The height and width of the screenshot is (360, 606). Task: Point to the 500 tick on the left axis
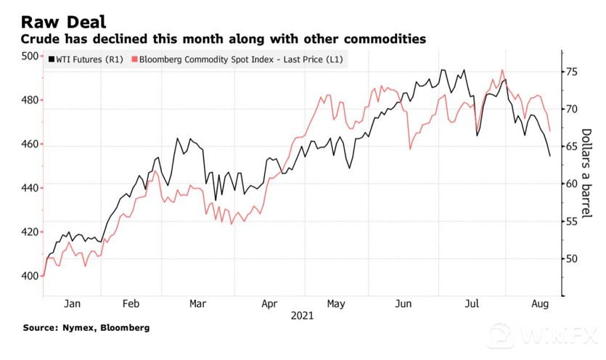[x=28, y=57]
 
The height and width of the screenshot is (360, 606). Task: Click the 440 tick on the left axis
[x=28, y=188]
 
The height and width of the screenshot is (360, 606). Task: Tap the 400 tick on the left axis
[x=28, y=276]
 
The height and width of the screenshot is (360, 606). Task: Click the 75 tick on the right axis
[x=572, y=71]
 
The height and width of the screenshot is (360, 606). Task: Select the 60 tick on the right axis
[x=572, y=184]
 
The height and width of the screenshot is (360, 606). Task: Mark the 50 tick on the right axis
[x=572, y=258]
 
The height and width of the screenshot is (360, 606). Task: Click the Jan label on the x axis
[x=72, y=303]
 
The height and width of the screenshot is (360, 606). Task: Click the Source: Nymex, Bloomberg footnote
[x=86, y=328]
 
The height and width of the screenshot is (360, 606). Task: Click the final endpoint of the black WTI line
[x=549, y=155]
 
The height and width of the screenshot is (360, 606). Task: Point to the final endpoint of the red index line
[x=550, y=131]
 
